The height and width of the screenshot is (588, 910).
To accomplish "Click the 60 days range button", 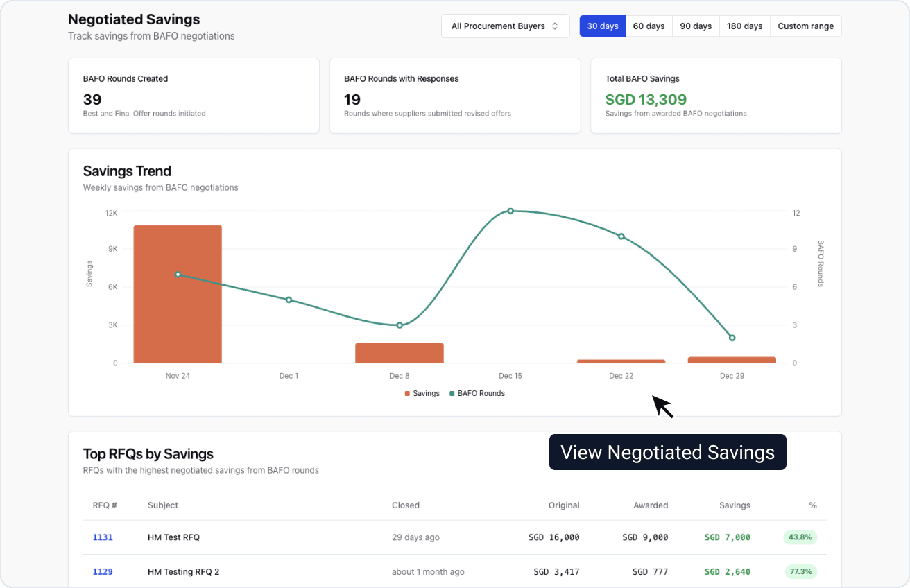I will click(649, 26).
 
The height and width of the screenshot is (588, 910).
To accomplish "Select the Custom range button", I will click(805, 26).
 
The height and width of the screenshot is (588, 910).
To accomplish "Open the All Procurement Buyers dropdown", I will click(505, 26).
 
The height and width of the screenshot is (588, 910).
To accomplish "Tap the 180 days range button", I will click(744, 26).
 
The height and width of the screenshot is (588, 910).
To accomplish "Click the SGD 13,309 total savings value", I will click(646, 99).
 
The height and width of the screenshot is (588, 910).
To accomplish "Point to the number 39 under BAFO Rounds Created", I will click(92, 99).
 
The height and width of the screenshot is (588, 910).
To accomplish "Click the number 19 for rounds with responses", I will click(353, 99).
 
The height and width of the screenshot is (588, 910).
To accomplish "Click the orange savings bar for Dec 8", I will click(400, 353).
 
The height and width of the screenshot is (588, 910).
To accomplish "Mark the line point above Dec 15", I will click(510, 211).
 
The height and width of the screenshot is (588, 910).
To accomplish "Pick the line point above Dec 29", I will click(732, 338).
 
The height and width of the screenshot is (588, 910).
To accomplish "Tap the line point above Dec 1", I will click(289, 300).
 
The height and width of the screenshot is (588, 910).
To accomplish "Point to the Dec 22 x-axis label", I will click(621, 376).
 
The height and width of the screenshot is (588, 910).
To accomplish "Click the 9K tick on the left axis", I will click(112, 249).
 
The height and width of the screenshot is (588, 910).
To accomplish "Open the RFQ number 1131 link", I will click(103, 537).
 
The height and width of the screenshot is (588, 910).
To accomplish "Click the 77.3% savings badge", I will click(800, 572).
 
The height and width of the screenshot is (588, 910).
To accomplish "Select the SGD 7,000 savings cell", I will click(727, 537).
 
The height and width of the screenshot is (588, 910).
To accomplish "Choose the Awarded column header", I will click(651, 505).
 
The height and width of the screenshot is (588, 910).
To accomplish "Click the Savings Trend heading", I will click(127, 171).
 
